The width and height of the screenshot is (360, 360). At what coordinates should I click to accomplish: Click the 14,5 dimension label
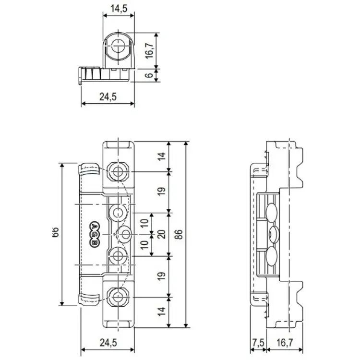[x=119, y=8]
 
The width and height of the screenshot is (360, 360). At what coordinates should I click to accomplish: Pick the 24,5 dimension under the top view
[x=108, y=96]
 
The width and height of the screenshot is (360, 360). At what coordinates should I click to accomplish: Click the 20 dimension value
[x=162, y=235]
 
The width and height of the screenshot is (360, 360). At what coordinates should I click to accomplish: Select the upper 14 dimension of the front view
[x=162, y=156]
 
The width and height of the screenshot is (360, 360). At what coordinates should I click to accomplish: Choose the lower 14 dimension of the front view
[x=162, y=312]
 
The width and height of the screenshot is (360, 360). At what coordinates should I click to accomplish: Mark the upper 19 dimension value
[x=162, y=191]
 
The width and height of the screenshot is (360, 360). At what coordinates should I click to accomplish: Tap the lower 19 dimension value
[x=162, y=276]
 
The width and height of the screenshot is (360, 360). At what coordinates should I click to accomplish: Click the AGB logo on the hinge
[x=94, y=235]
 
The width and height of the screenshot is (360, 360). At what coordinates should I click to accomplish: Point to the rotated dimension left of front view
[x=54, y=234]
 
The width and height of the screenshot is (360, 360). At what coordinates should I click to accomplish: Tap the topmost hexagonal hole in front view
[x=117, y=171]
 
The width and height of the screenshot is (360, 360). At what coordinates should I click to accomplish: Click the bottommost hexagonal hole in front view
[x=117, y=297]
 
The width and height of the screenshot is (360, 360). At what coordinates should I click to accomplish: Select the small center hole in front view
[x=126, y=234]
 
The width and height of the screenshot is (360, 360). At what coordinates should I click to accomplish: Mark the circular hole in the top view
[x=117, y=48]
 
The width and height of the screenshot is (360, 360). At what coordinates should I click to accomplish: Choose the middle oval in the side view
[x=274, y=234]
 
